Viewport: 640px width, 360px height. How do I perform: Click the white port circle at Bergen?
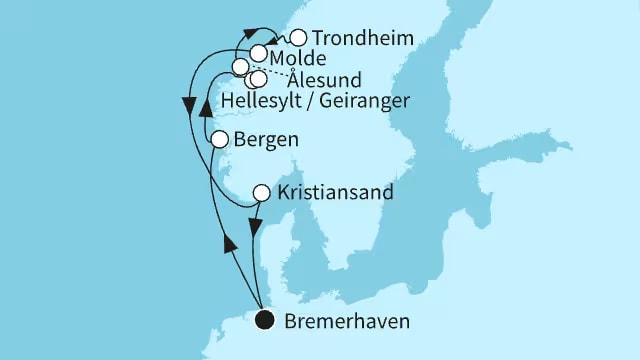(x=220, y=140)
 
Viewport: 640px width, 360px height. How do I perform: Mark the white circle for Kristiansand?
(x=261, y=192)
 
